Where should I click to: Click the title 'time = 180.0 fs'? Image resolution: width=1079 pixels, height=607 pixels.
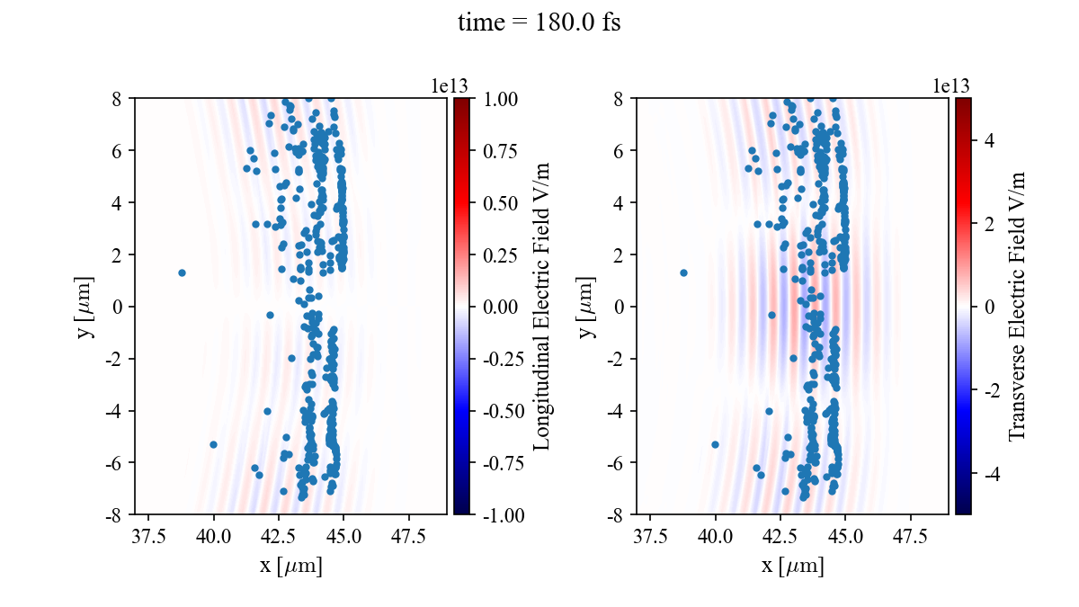click(539, 22)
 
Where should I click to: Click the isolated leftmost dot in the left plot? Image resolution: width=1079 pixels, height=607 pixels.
click(182, 272)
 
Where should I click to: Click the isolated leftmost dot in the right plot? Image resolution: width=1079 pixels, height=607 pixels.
click(683, 272)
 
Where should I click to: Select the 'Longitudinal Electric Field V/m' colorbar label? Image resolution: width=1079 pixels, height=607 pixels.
click(541, 307)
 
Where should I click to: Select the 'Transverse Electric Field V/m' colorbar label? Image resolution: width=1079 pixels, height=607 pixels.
click(1017, 307)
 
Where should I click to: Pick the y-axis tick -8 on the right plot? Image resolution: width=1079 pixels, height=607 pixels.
click(619, 515)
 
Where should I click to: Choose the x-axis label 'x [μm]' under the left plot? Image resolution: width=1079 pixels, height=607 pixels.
click(290, 567)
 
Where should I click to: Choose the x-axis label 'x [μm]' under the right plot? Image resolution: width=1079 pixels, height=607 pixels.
click(792, 567)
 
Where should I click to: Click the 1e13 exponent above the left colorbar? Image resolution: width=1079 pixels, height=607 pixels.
click(450, 85)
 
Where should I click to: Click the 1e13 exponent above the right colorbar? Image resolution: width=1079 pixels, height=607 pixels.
click(951, 85)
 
